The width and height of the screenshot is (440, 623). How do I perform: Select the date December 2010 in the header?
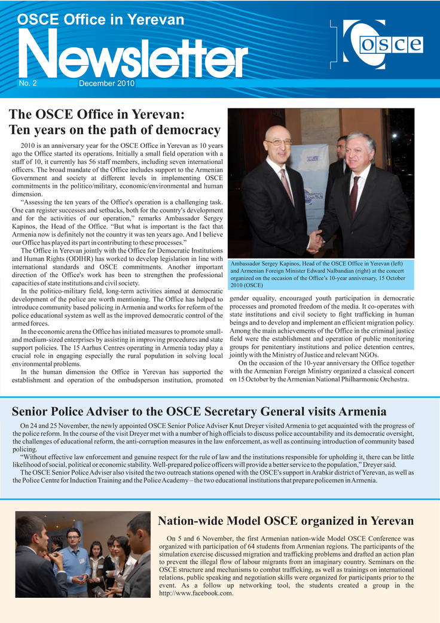tap(106, 84)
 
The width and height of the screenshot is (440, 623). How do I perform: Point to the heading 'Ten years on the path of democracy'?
tap(114, 129)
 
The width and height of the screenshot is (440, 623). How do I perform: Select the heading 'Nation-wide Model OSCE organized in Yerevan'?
tap(285, 521)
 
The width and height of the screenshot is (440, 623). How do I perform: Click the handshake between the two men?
tap(315, 242)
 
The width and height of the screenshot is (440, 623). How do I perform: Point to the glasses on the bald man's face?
tap(279, 142)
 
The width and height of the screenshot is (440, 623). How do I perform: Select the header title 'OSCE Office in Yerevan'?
tap(100, 19)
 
